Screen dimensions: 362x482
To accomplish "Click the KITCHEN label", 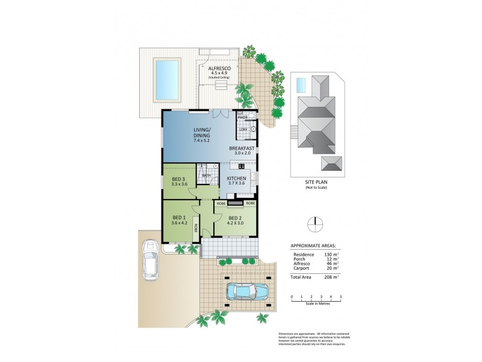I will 236,179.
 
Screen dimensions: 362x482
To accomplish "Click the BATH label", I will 206,176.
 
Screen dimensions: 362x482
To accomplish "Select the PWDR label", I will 243,118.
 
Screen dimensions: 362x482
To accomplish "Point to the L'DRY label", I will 243,129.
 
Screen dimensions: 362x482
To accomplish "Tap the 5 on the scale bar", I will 341,296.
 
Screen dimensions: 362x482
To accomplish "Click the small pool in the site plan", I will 301,85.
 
